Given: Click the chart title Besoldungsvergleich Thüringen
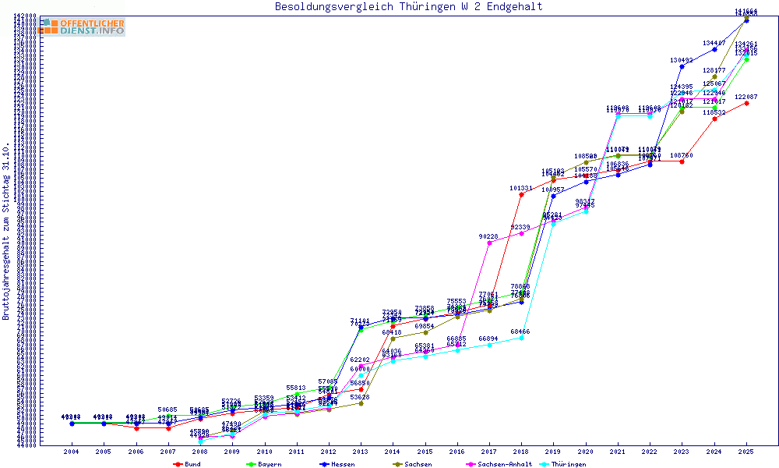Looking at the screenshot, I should (408, 7).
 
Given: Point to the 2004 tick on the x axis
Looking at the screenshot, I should (72, 452).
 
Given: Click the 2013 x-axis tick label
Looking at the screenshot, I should (361, 452).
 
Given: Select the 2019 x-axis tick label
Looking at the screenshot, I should (553, 452).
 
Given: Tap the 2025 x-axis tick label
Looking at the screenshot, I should (746, 452).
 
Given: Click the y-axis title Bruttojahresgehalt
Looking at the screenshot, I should (6, 232).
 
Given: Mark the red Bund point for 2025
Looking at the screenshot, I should (746, 103).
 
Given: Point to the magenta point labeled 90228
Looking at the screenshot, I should (489, 243).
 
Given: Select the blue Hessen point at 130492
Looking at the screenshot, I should (682, 66).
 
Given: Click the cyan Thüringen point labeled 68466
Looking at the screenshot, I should (521, 338).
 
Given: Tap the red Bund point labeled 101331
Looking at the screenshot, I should (521, 194).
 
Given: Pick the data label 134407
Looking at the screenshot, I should (714, 43).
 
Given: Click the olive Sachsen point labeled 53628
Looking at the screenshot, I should (361, 403).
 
